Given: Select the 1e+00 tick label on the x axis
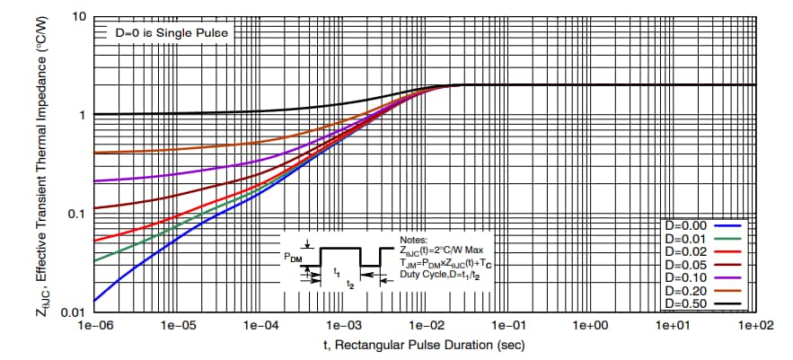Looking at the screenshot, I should [591, 324].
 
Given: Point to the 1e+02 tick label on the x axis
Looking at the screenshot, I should [754, 324].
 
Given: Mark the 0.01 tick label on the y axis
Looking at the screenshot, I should [73, 312].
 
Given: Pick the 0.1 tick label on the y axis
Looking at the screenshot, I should [76, 214].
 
